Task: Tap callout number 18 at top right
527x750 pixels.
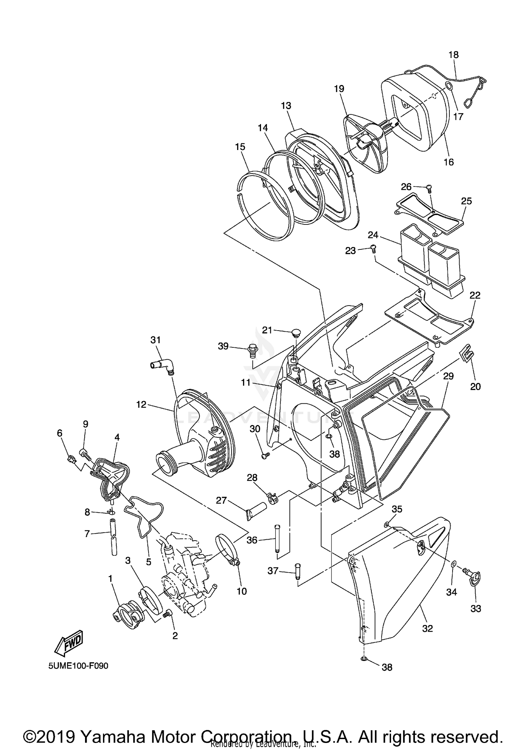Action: click(x=454, y=55)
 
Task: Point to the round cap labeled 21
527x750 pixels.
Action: click(x=297, y=332)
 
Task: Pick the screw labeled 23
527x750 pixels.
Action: click(x=373, y=249)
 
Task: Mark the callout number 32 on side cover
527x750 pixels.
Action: click(x=427, y=628)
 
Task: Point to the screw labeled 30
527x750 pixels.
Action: click(x=265, y=455)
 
